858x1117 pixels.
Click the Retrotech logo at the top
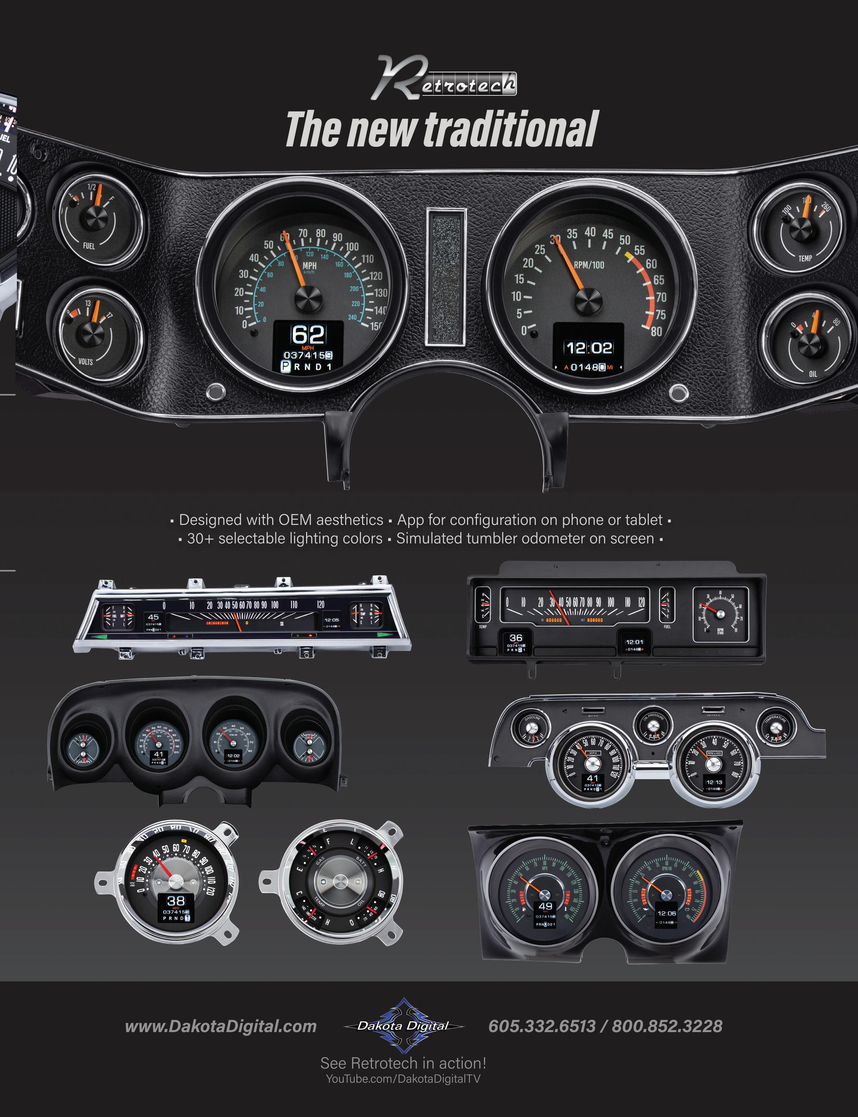coord(443,79)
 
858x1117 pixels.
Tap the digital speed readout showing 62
coord(308,335)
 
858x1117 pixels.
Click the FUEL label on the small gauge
coord(89,246)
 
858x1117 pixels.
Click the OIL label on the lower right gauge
coord(813,373)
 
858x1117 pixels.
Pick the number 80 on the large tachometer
coord(656,331)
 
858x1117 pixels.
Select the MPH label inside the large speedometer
coord(310,266)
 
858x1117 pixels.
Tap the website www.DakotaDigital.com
coord(220,1026)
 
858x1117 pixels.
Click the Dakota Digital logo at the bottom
coord(404,1025)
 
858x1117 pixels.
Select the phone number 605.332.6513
coord(542,1026)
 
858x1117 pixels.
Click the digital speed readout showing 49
coord(546,906)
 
